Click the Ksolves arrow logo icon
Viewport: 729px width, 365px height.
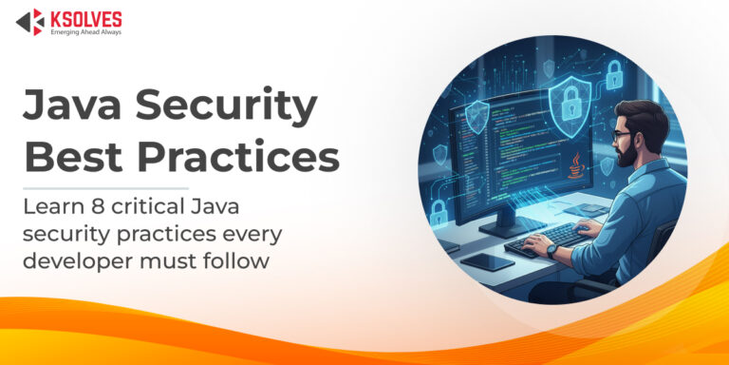(x=29, y=22)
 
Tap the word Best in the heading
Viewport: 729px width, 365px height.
(x=68, y=157)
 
